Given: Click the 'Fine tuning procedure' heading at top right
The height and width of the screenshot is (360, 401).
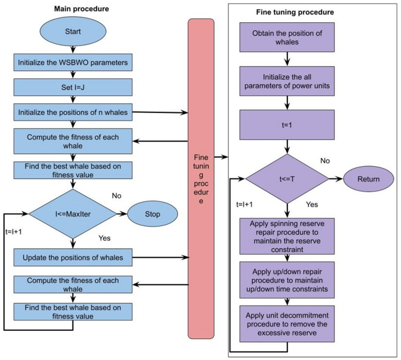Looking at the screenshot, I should (296, 12).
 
